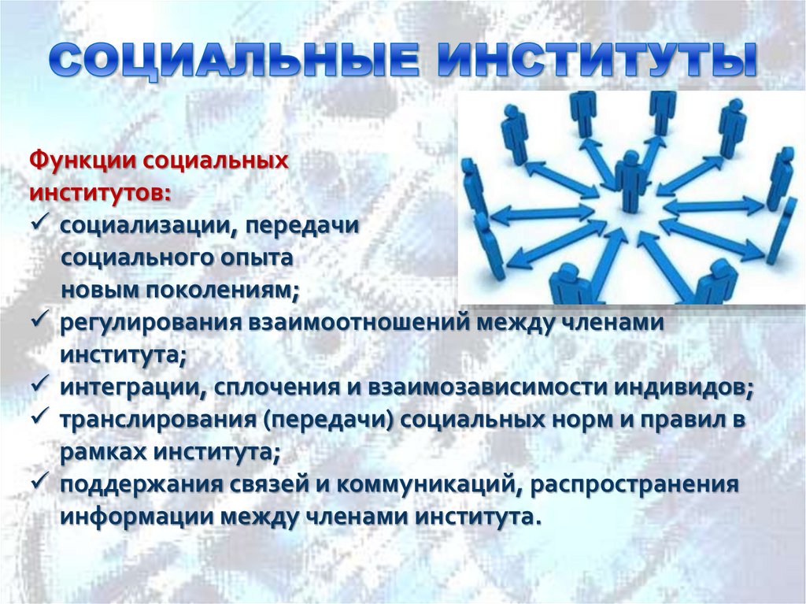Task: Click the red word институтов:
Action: click(99, 192)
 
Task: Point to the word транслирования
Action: click(160, 420)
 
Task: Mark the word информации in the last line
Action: click(139, 517)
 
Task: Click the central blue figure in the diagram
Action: click(631, 180)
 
